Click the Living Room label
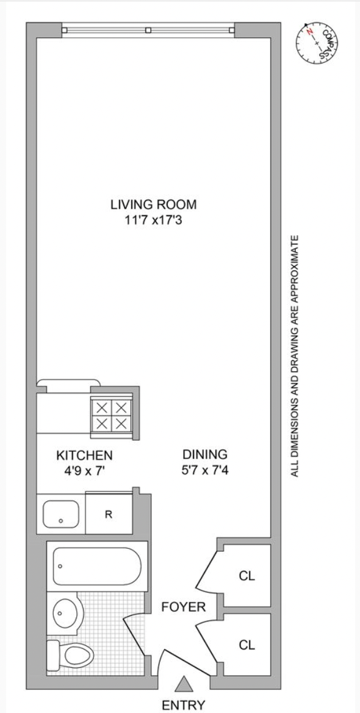pyautogui.click(x=153, y=204)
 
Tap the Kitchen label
pyautogui.click(x=84, y=455)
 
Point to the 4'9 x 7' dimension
pyautogui.click(x=84, y=471)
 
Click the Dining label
pyautogui.click(x=204, y=454)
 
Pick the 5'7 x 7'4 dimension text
pyautogui.click(x=204, y=471)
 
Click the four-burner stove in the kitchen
pyautogui.click(x=112, y=415)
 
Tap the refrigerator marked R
pyautogui.click(x=109, y=515)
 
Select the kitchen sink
pyautogui.click(x=61, y=514)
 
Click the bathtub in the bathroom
pyautogui.click(x=96, y=566)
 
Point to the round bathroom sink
pyautogui.click(x=66, y=612)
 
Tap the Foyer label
pyautogui.click(x=179, y=607)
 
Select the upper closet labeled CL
pyautogui.click(x=247, y=576)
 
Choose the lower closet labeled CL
pyautogui.click(x=247, y=645)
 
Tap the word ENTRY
pyautogui.click(x=183, y=705)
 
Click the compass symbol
pyautogui.click(x=317, y=43)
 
